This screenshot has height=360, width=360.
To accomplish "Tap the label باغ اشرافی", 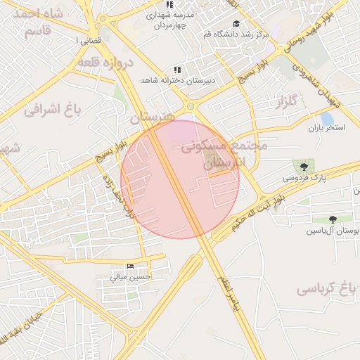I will [53, 109].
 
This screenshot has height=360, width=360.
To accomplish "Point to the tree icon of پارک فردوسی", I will [304, 167].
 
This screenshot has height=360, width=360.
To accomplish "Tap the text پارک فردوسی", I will [305, 179].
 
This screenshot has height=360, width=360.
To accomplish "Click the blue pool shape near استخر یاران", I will [327, 119].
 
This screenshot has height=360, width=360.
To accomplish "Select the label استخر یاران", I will [328, 129].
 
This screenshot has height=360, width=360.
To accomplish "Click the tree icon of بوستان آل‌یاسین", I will [333, 219].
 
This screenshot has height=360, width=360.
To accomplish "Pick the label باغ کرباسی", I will [323, 288].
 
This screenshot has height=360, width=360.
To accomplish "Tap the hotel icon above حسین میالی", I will [129, 266].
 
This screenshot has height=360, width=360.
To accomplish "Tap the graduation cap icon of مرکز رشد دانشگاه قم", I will [236, 23].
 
